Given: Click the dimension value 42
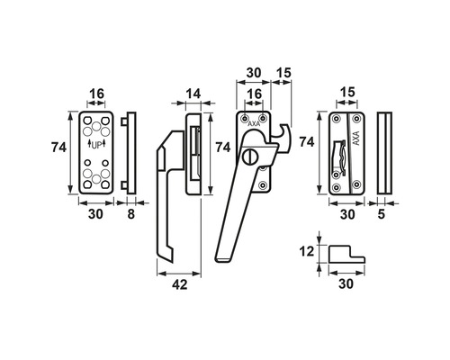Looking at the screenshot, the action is pyautogui.click(x=180, y=284).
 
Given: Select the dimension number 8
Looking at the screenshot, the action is pyautogui.click(x=131, y=214).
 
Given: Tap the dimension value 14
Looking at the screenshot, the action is pyautogui.click(x=193, y=94).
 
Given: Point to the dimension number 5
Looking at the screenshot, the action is pyautogui.click(x=381, y=214).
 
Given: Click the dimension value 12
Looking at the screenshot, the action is pyautogui.click(x=307, y=251).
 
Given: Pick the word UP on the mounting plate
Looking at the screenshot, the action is pyautogui.click(x=96, y=146).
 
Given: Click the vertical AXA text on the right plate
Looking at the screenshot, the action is pyautogui.click(x=356, y=139).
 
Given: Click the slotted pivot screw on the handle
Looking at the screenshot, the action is pyautogui.click(x=248, y=157).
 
